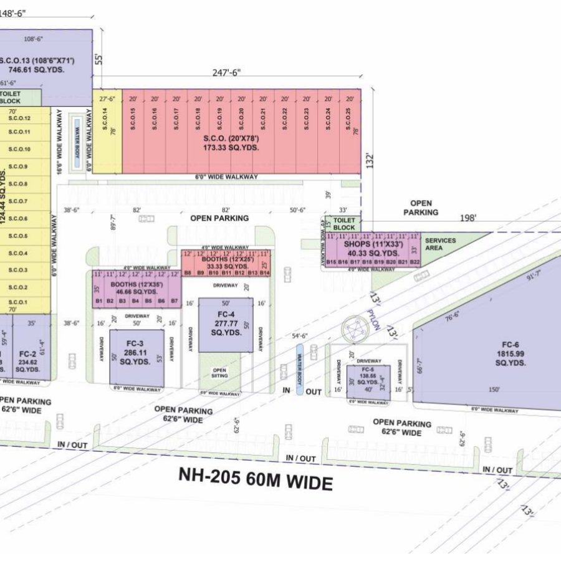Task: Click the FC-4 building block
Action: [x=226, y=325]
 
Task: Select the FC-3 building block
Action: [x=137, y=357]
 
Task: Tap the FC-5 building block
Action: [x=368, y=381]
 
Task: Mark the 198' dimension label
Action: [x=468, y=218]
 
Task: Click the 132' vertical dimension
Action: [x=370, y=162]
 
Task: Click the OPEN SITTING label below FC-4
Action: [x=219, y=373]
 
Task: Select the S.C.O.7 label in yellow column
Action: [x=19, y=201]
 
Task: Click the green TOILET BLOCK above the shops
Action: [x=343, y=224]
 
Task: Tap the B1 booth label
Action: [x=98, y=301]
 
